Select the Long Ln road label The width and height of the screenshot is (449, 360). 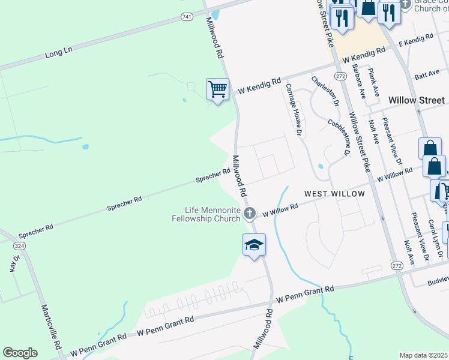tap(58, 53)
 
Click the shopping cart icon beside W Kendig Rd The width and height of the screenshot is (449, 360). tap(217, 89)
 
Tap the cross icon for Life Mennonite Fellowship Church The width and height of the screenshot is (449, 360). tap(250, 212)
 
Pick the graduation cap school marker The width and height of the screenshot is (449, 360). tap(254, 245)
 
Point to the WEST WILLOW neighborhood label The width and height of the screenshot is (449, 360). tap(334, 194)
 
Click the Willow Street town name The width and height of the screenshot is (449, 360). tap(417, 101)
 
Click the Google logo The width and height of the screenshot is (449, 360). tap(20, 353)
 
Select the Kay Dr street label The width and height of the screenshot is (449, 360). tap(15, 263)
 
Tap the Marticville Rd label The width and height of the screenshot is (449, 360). tap(52, 326)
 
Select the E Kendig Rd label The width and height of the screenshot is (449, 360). tap(416, 40)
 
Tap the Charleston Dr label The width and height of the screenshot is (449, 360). tap(324, 91)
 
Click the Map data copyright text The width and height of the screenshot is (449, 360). tap(424, 355)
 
